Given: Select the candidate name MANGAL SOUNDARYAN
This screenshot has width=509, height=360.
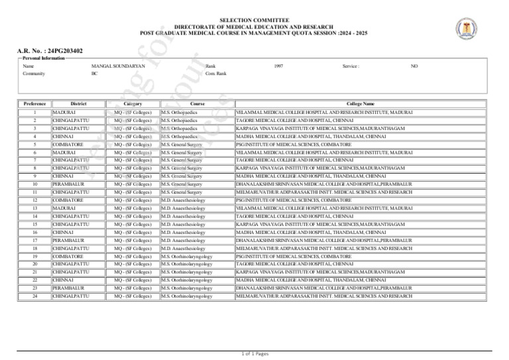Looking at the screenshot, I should pyautogui.click(x=118, y=66).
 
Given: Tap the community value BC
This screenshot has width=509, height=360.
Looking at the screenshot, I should pyautogui.click(x=93, y=74).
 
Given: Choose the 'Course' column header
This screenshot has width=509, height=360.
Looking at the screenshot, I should pyautogui.click(x=197, y=103).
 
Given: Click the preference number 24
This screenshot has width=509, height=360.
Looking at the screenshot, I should pyautogui.click(x=34, y=296).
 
